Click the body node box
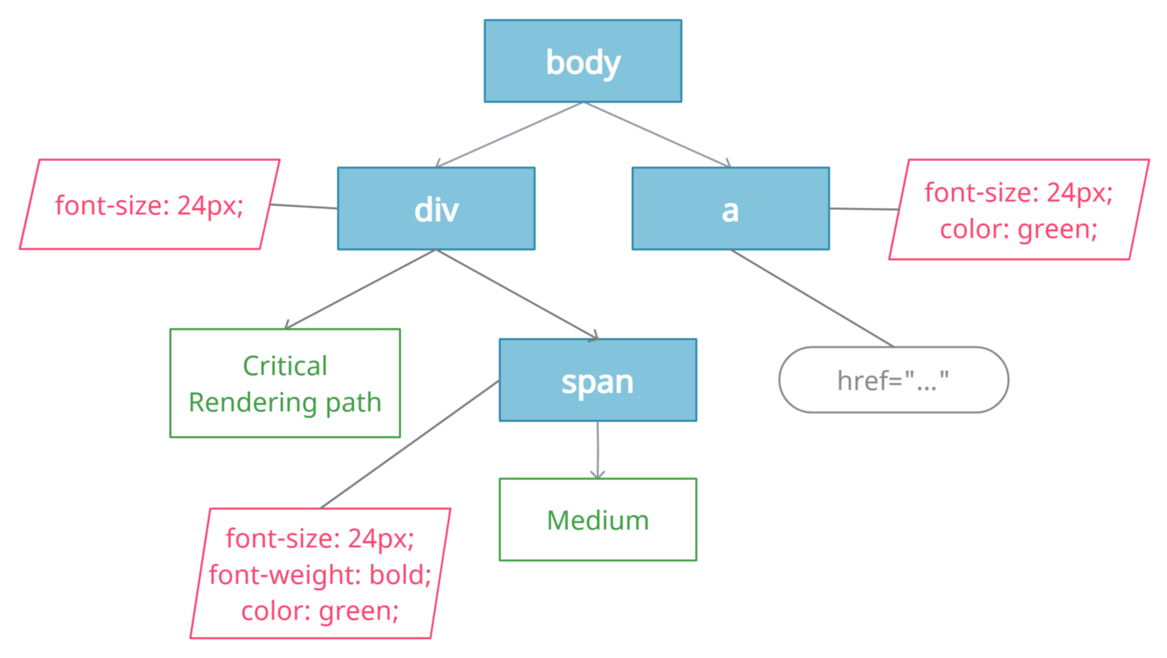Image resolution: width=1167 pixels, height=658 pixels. (583, 62)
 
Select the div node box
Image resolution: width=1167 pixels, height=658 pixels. (436, 208)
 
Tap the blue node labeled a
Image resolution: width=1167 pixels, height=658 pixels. (730, 208)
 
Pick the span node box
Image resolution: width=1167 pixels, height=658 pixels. (598, 380)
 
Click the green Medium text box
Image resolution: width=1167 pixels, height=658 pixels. (598, 520)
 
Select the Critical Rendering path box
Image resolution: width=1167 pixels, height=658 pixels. (285, 383)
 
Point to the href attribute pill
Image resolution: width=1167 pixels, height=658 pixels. (894, 380)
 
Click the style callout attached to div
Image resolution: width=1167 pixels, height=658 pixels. (149, 204)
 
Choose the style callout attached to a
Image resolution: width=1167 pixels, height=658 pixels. (1019, 210)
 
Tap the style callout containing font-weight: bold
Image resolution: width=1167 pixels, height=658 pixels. (320, 574)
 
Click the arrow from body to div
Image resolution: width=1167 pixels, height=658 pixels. (508, 135)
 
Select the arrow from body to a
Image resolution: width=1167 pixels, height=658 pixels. (659, 135)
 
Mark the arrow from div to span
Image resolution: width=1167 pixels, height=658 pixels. (517, 294)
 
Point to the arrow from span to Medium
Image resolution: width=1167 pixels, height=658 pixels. (598, 450)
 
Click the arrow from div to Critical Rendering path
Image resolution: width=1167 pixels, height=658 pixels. (360, 288)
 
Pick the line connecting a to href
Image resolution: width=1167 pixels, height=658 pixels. (813, 298)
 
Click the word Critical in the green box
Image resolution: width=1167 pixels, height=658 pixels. (285, 366)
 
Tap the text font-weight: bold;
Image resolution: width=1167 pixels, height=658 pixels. (320, 575)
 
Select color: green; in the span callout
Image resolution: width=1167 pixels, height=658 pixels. (320, 611)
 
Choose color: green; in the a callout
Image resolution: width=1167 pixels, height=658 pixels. (1019, 228)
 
